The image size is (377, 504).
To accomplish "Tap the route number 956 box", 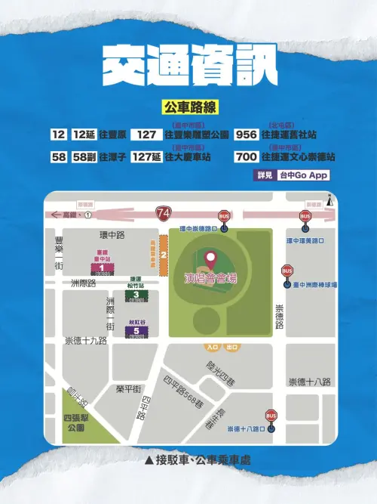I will click(247, 135).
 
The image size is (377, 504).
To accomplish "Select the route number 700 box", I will click(247, 157).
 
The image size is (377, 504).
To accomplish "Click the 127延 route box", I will click(147, 157).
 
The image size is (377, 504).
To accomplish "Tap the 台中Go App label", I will click(303, 175).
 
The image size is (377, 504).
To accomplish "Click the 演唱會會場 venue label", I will click(210, 279).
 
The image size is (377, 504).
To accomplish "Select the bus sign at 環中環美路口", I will click(305, 217).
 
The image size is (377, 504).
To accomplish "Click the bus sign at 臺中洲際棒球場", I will click(287, 272).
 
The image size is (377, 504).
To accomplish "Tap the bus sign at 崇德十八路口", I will click(271, 416).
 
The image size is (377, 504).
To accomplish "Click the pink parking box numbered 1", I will click(101, 267).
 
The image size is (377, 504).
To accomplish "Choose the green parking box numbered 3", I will click(136, 295).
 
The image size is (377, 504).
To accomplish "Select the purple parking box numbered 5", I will click(136, 330).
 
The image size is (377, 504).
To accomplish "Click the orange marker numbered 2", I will click(163, 255).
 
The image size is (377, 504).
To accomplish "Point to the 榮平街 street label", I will click(128, 388).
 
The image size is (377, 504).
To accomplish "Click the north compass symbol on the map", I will click(329, 201).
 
